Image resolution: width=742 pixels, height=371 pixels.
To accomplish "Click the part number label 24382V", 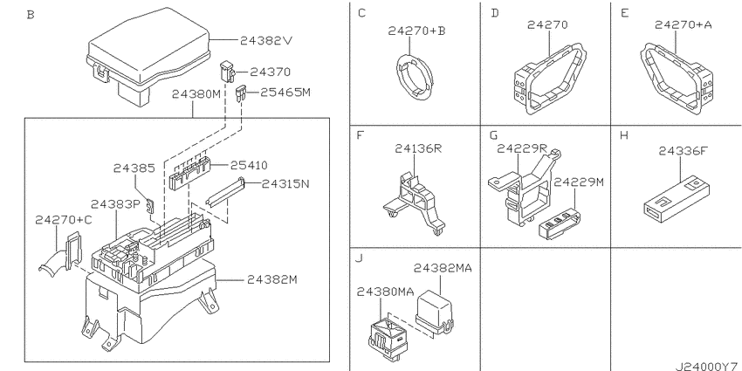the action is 266,41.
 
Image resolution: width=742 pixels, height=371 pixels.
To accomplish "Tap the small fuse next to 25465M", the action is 241,93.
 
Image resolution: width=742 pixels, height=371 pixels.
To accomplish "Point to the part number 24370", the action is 270,72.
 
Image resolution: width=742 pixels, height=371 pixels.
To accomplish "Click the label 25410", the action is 249,165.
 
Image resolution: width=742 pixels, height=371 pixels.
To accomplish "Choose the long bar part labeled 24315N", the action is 225,193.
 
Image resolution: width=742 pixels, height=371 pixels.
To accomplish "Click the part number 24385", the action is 134,168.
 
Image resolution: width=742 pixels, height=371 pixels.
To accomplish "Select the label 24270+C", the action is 64,220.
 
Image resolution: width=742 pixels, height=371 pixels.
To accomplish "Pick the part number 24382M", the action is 271,279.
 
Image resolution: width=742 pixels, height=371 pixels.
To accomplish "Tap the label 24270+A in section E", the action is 683,24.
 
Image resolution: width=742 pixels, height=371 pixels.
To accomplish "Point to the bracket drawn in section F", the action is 415,203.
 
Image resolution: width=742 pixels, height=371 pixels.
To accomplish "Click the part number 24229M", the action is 579,182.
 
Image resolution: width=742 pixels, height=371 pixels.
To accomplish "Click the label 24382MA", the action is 443,268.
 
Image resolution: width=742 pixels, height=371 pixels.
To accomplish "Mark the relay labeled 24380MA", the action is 386,337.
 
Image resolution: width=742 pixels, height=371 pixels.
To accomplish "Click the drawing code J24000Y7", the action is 708,366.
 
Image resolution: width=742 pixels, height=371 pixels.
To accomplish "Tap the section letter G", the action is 494,136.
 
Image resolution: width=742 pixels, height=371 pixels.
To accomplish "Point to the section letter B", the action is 31,15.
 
